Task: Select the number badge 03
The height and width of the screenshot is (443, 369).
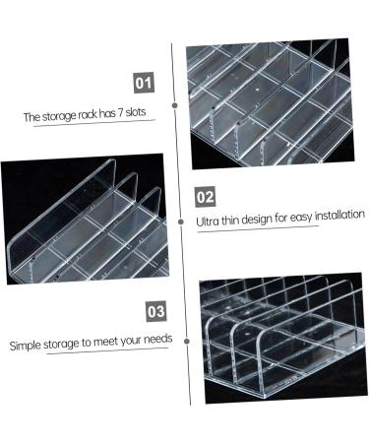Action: pyautogui.click(x=155, y=312)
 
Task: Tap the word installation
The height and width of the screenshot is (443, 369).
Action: pyautogui.click(x=336, y=214)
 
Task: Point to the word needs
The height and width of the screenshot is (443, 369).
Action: pyautogui.click(x=156, y=339)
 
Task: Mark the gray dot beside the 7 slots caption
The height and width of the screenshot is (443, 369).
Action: pyautogui.click(x=175, y=102)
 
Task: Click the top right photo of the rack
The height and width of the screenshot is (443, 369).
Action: pyautogui.click(x=280, y=103)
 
